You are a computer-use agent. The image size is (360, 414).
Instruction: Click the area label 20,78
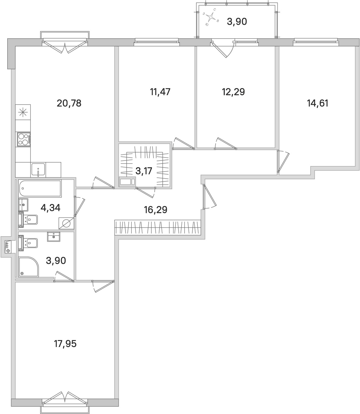point(69,104)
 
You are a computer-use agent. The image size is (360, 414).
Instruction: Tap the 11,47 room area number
point(160,92)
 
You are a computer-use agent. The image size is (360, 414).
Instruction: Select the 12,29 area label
point(233,92)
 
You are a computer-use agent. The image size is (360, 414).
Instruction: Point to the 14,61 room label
point(317,104)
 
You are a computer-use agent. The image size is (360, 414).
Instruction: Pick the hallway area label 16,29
point(156,209)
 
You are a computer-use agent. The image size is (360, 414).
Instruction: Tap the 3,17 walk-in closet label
point(144,171)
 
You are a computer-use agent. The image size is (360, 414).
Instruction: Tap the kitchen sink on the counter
point(38,170)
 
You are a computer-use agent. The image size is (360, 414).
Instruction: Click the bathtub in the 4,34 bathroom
point(40,188)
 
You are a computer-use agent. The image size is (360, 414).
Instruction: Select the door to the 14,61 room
point(282,161)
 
